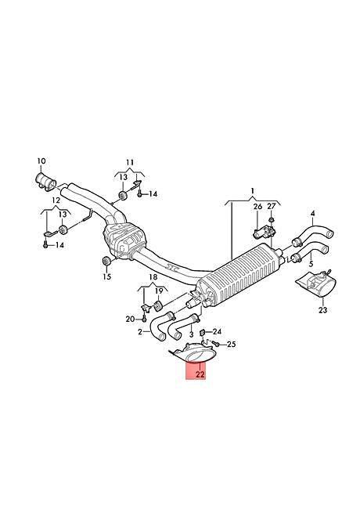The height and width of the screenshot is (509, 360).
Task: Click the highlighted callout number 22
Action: [200, 374]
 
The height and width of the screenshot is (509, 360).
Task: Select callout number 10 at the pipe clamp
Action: [41, 161]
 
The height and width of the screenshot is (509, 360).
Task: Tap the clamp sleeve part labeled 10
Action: [45, 180]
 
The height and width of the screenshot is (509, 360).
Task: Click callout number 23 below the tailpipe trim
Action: [322, 310]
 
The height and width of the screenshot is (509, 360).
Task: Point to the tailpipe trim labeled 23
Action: [316, 283]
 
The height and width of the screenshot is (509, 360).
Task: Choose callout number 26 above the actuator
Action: [257, 207]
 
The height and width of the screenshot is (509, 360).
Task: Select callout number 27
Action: [271, 207]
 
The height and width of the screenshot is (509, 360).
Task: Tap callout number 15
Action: [106, 276]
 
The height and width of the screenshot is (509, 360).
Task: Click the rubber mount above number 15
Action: [106, 261]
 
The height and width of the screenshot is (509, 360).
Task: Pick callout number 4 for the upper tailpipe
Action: [312, 213]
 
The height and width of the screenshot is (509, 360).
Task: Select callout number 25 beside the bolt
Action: [231, 344]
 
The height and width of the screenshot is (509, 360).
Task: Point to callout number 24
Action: [217, 331]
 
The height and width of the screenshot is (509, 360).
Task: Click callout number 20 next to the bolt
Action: [130, 319]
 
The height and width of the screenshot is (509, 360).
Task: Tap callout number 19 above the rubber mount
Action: [158, 291]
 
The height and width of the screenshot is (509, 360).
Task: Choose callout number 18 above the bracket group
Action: [153, 277]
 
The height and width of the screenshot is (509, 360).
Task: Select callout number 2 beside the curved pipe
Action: [140, 332]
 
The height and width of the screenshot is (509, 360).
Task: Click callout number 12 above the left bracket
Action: [56, 200]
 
